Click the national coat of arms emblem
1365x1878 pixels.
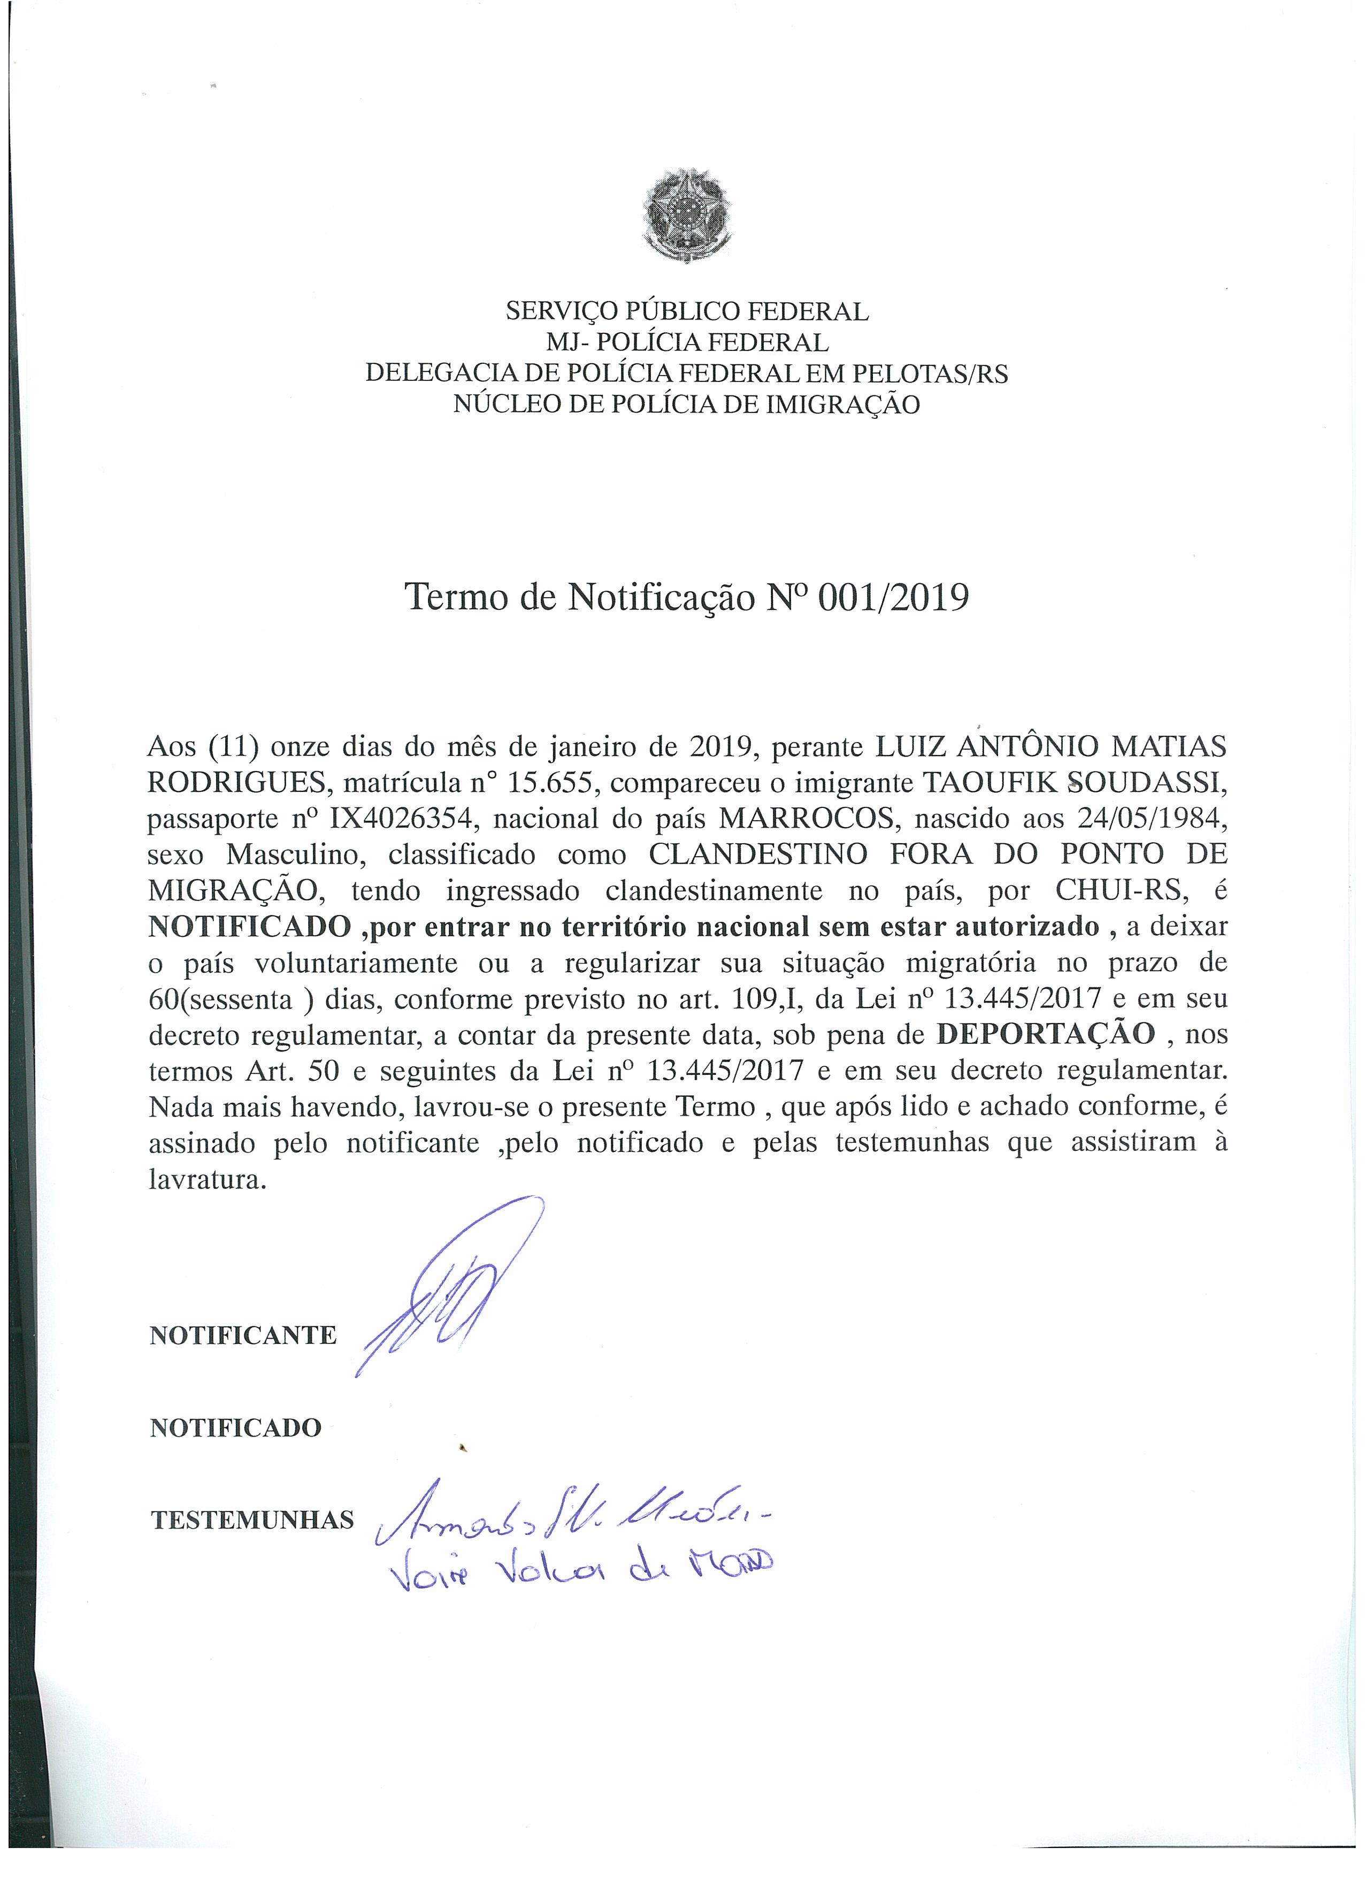(x=686, y=213)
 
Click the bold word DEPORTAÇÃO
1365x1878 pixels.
(x=1046, y=1034)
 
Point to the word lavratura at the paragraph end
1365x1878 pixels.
(x=207, y=1179)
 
